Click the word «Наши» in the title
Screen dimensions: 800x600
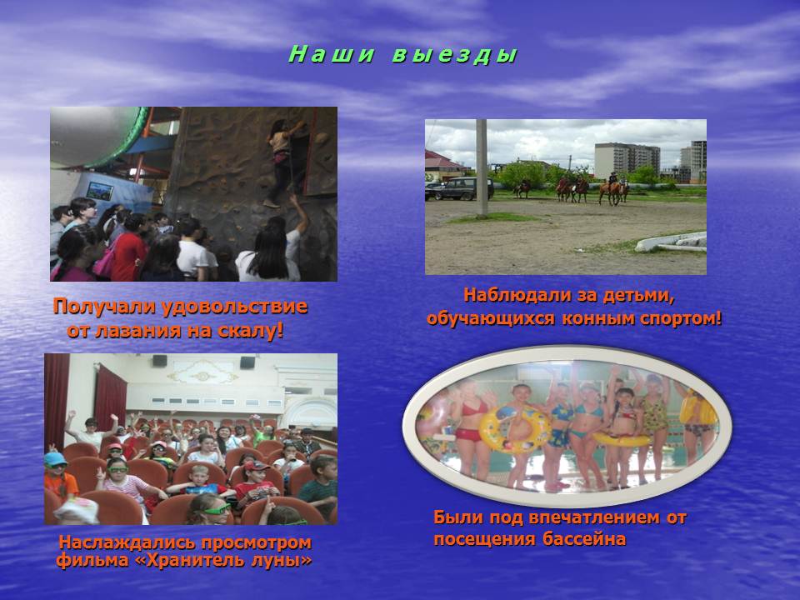coord(331,54)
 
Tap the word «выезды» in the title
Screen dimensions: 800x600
coord(455,55)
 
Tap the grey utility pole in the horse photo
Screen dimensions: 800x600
coord(482,168)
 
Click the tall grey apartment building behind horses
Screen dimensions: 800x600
coord(627,160)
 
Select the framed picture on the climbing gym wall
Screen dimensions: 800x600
coord(100,191)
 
